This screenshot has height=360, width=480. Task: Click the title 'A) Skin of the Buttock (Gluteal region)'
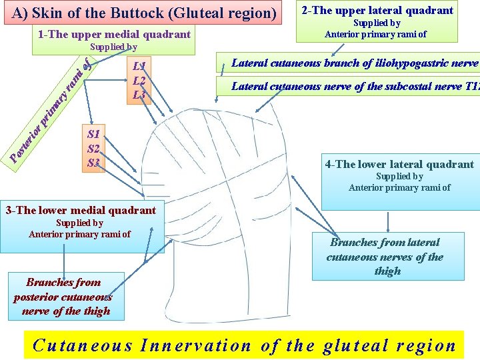(144, 13)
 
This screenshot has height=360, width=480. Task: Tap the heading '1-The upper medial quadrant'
(114, 34)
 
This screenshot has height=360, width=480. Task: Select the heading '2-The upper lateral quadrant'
(377, 10)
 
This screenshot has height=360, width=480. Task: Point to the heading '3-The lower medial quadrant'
(81, 211)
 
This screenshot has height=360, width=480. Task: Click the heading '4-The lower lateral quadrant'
(399, 164)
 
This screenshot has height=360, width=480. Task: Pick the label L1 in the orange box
(139, 66)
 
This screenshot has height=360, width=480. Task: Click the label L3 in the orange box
(139, 94)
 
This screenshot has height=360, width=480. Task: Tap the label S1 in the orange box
(93, 134)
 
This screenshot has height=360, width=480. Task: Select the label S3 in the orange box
(93, 163)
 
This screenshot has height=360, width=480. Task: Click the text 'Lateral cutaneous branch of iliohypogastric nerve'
(355, 63)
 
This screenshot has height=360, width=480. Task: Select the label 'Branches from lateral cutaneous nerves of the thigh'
(385, 257)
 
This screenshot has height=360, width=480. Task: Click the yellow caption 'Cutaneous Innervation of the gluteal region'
(244, 346)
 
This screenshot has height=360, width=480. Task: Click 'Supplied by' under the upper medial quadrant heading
(113, 47)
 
